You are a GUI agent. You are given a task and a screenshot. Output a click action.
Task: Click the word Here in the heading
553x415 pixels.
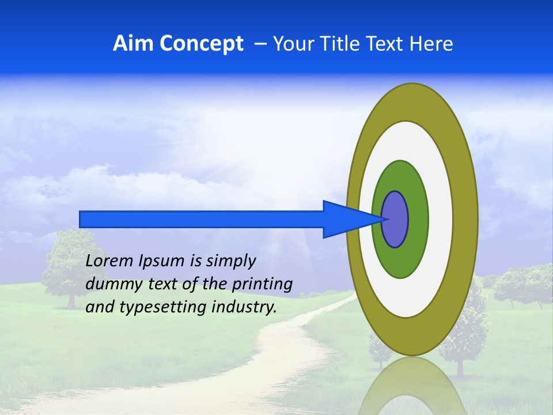(431, 44)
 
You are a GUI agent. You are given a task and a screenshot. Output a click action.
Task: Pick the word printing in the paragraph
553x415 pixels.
(262, 284)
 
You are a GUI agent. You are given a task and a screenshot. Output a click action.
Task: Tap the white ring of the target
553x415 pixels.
(441, 219)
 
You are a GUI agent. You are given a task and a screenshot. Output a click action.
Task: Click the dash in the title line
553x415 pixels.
(260, 44)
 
